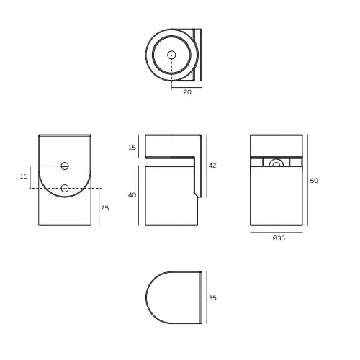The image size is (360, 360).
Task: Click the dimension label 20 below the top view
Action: (188, 91)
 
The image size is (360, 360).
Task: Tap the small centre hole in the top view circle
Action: (171, 55)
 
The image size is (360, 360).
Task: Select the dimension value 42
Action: (212, 166)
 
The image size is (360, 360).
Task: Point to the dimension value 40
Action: (131, 195)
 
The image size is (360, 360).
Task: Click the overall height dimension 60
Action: (314, 181)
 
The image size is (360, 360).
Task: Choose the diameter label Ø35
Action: (278, 239)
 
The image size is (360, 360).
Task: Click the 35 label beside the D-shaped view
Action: (212, 297)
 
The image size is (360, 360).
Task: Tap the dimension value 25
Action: (104, 208)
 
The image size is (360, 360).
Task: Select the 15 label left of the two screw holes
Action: (24, 176)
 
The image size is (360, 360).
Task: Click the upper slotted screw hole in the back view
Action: (65, 166)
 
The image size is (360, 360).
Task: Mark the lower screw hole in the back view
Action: (65, 189)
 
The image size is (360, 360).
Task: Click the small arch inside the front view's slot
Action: (276, 163)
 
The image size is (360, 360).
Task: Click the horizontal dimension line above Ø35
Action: (278, 233)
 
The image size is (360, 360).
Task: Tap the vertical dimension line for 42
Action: (207, 166)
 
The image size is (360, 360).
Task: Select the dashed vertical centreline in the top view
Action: (171, 71)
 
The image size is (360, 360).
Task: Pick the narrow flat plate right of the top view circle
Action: (198, 55)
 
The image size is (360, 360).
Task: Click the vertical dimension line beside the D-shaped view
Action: (207, 297)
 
